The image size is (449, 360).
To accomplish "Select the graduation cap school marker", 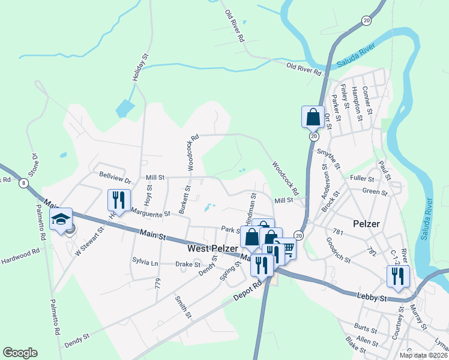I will tap(61, 220).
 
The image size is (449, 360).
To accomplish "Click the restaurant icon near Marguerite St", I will tap(118, 201).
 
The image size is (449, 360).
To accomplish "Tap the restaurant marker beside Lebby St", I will tap(398, 276).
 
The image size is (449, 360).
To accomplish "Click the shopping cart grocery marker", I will tap(287, 248).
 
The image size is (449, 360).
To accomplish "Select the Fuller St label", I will tap(362, 179).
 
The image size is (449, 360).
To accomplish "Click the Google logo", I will tap(20, 353).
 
